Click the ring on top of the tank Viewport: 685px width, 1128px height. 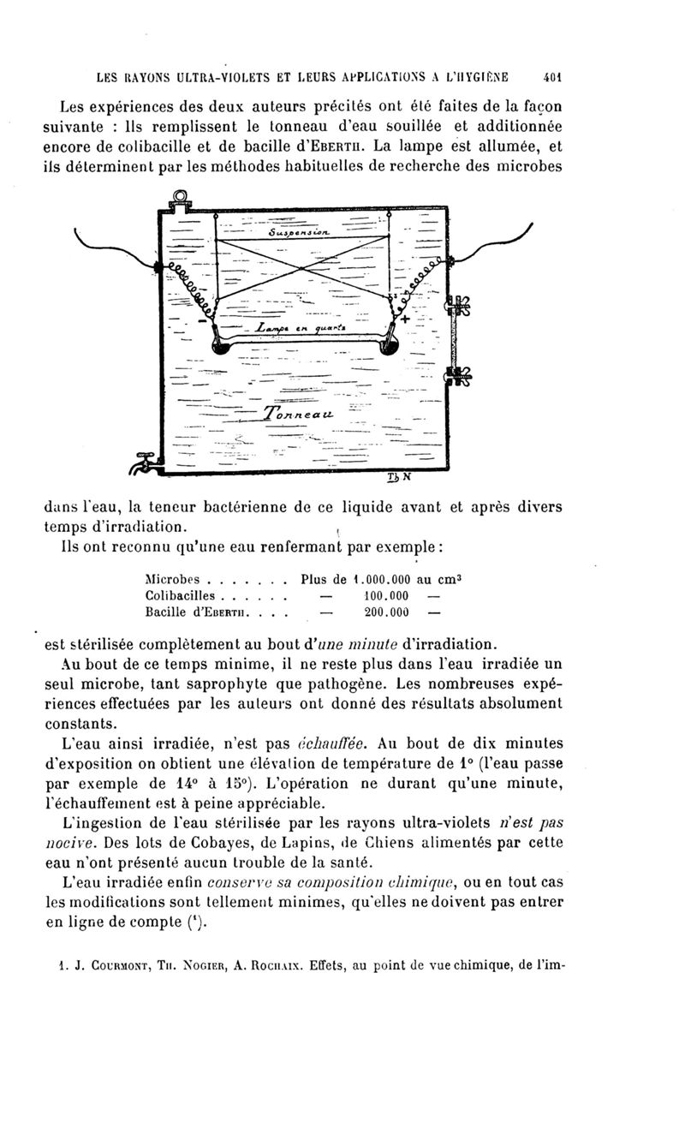182,200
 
